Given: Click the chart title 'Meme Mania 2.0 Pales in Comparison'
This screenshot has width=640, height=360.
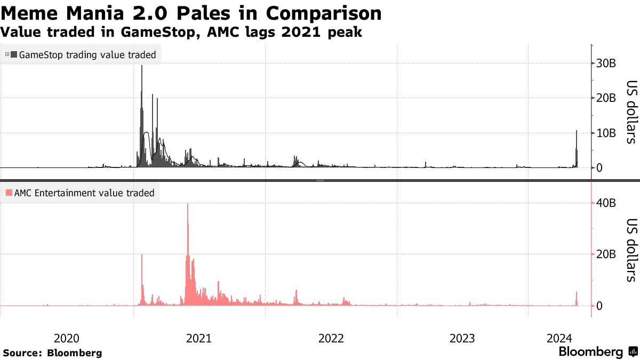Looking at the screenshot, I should (x=191, y=13).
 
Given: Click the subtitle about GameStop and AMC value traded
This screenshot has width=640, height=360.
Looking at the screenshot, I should (x=181, y=33).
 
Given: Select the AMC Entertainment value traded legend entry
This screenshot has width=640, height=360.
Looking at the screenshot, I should (x=80, y=193).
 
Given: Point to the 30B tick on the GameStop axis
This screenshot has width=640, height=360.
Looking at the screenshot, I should (x=606, y=63).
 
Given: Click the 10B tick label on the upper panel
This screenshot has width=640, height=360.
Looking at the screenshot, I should (x=606, y=133).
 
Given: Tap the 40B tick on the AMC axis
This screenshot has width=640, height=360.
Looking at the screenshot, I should (x=606, y=203).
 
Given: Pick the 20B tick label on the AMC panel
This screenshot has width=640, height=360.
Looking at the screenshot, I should (x=606, y=254).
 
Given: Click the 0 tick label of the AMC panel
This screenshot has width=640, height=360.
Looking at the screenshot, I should (x=599, y=306).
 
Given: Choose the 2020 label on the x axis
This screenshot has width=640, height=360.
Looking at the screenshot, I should (x=67, y=338).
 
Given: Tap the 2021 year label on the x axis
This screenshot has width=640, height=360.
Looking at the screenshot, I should (x=198, y=338).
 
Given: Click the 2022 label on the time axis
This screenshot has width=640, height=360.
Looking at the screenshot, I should (x=331, y=338).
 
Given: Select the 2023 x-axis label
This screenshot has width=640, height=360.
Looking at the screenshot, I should (x=462, y=338).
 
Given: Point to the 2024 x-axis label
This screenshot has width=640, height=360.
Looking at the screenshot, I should (x=559, y=338).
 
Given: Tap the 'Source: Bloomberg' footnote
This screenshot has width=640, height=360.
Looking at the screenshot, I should (x=52, y=353).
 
